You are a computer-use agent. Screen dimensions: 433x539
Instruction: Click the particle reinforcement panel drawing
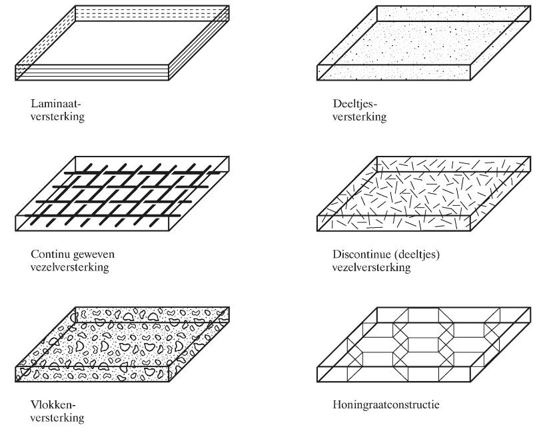[424, 43]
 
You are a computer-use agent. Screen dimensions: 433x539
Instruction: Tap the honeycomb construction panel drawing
[424, 344]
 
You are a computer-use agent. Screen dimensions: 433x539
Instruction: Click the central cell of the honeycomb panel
[424, 344]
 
